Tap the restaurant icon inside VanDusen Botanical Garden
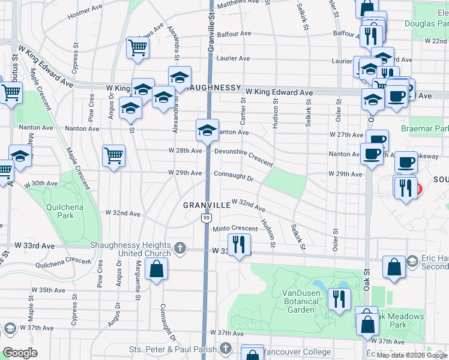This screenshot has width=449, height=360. pos(339,298)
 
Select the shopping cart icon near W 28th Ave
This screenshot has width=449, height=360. pos(113,156)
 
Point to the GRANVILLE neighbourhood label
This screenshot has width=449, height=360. pos(207,205)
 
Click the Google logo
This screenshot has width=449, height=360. pos(20,353)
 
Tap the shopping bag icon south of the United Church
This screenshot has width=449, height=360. pos(156,271)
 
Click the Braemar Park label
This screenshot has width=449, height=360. pos(431,129)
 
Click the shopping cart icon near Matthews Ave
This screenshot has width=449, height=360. pos(137,48)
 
